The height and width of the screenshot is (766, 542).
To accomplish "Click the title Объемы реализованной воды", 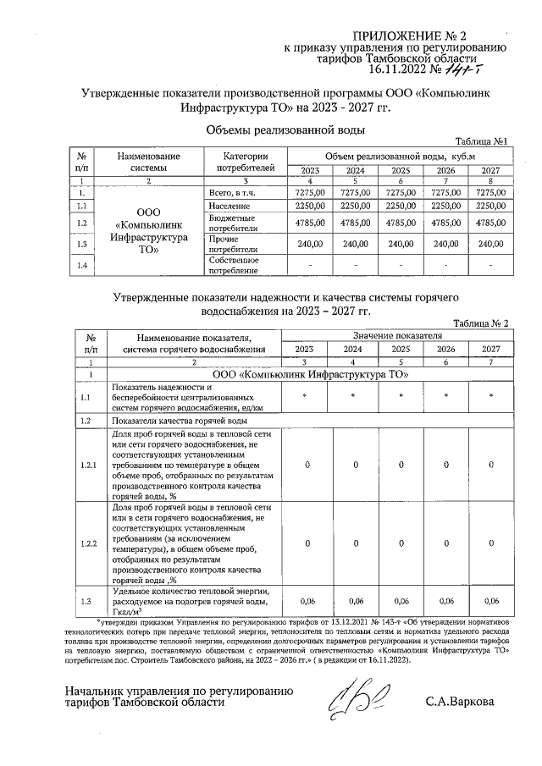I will click(285, 130).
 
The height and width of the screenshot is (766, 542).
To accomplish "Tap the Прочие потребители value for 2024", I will click(353, 245).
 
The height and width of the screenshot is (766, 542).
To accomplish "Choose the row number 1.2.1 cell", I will click(89, 466).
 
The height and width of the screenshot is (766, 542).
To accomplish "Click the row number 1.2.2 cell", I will click(89, 543).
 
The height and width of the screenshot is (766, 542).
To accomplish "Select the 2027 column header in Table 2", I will click(490, 349).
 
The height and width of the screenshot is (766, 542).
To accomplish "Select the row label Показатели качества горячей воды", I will click(180, 421).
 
